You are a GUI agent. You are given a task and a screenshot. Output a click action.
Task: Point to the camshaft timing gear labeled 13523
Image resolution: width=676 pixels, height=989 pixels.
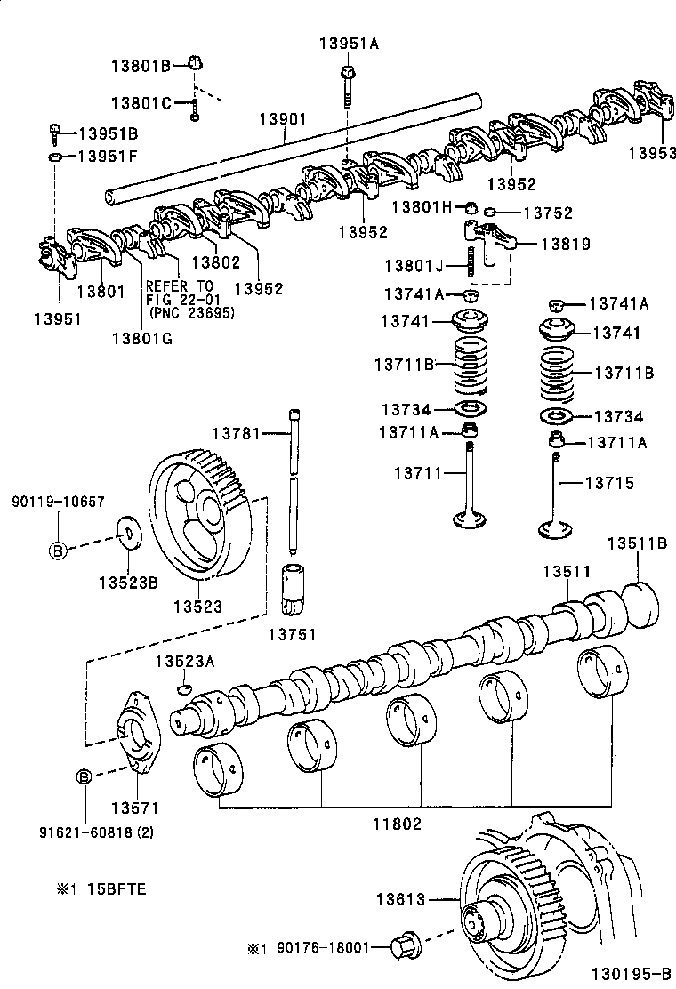tap(200, 520)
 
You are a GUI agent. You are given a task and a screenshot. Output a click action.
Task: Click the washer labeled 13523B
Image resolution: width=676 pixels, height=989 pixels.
tap(129, 536)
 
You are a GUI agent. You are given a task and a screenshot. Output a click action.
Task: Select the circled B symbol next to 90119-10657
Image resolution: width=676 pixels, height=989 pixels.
tap(57, 551)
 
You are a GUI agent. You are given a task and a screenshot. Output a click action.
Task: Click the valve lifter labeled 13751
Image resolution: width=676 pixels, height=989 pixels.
tap(294, 591)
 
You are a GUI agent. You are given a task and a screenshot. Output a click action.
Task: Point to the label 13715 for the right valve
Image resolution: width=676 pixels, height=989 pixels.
tap(609, 483)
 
